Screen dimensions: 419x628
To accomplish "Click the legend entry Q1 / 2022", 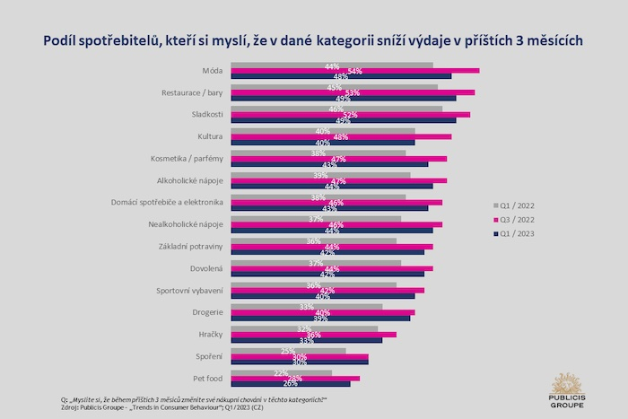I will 519,204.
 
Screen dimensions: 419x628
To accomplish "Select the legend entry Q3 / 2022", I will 519,218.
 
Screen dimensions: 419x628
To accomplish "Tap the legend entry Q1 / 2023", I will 519,233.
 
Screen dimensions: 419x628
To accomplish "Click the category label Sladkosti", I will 206,114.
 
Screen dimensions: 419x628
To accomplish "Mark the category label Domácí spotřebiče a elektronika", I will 168,202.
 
